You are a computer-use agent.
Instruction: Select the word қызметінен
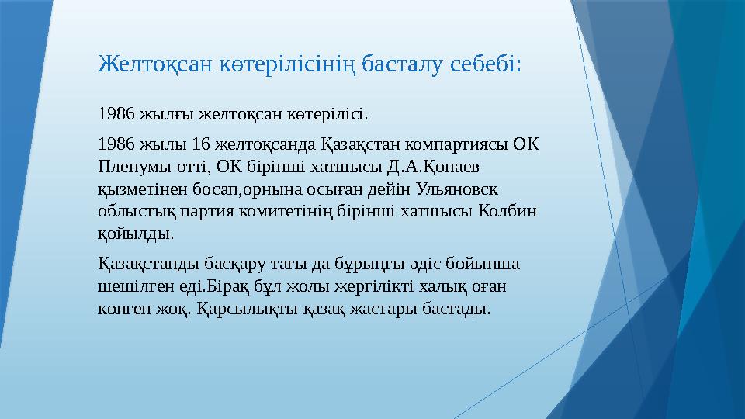(x=137, y=189)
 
